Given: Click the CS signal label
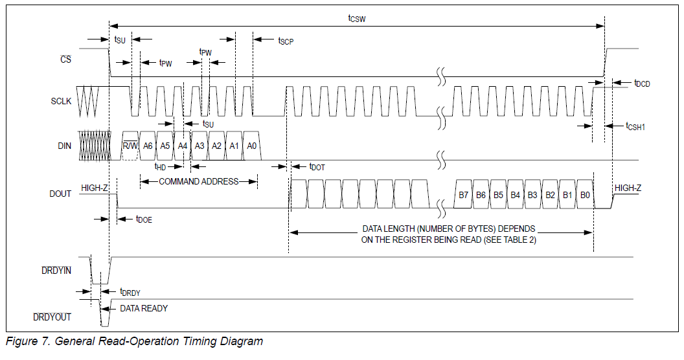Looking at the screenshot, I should pos(65,59).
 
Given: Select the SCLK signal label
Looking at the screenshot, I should pos(61,102).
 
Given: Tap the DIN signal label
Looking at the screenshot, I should pos(64,146).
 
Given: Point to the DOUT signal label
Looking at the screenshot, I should pos(60,194).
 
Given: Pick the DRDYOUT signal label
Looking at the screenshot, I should pos(52,317).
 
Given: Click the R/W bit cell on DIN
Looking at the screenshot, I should pos(130,146).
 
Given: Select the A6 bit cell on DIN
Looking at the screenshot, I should pos(148,146).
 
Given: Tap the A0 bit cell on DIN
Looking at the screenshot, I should pos(252,146).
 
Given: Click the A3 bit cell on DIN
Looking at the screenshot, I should pos(199,146).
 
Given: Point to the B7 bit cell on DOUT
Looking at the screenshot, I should pos(463,194).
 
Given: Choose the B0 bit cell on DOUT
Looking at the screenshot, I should pos(585,194).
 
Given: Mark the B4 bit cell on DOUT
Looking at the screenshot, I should pos(515,194).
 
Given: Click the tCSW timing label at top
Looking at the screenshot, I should pos(357,19).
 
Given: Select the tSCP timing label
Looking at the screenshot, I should pos(286,41).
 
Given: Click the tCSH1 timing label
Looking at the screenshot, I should pos(635,126).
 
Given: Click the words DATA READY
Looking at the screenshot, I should pos(144,308).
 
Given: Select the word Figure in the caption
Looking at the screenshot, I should pos(23,341).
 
